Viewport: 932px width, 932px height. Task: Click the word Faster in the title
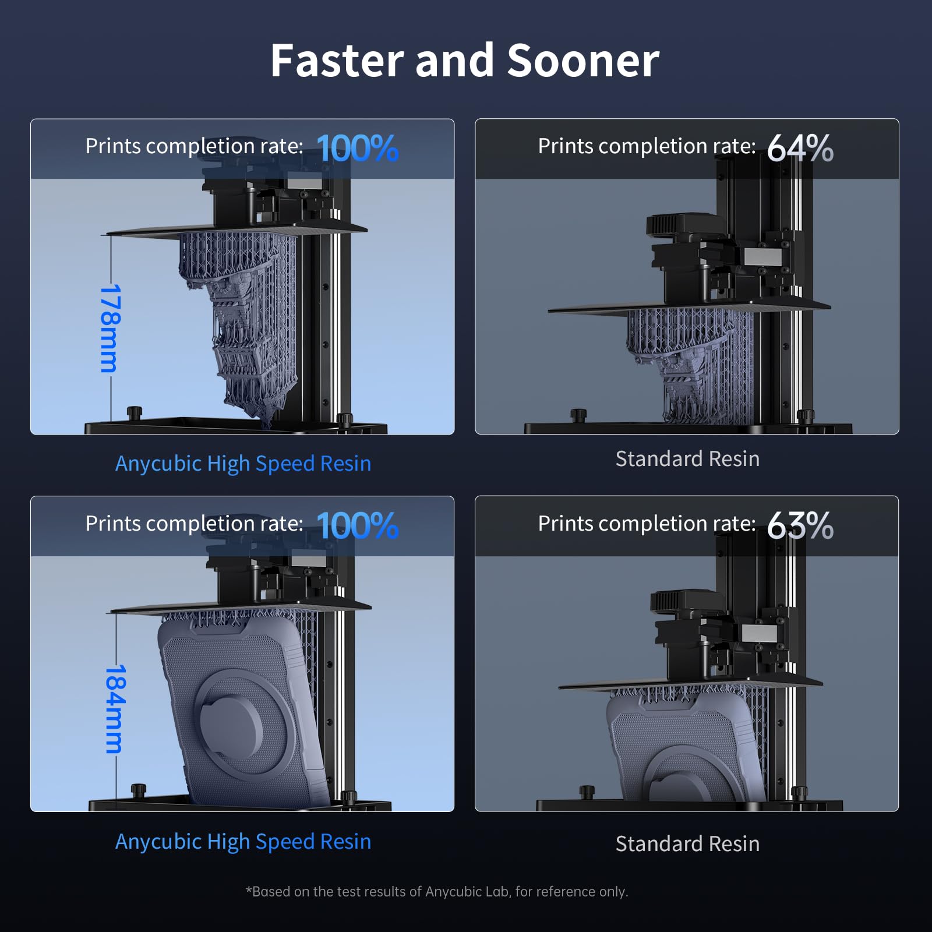coord(337,61)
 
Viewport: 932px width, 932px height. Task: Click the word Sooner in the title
coord(583,61)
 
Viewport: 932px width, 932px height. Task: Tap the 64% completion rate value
coord(800,148)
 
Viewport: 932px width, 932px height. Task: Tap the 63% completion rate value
coord(800,525)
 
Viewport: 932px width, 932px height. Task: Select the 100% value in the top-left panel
coord(357,148)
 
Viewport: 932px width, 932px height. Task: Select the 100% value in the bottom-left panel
coord(357,525)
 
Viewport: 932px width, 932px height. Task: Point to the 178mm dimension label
coord(110,328)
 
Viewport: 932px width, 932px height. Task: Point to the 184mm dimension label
coord(115,709)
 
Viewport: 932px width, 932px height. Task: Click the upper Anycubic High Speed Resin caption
coord(243,464)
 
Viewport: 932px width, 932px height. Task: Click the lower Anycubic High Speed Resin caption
coord(243,842)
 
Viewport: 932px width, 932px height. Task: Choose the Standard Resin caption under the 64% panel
coord(687,459)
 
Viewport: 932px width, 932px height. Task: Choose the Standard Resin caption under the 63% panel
coord(687,843)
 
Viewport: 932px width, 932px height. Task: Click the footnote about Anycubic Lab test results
coord(437,891)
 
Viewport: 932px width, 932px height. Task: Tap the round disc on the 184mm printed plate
coord(231,722)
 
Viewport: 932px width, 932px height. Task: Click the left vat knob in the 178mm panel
coord(135,412)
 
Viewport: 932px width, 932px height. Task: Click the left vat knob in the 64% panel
coord(578,415)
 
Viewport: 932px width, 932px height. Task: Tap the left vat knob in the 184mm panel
coord(138,790)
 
